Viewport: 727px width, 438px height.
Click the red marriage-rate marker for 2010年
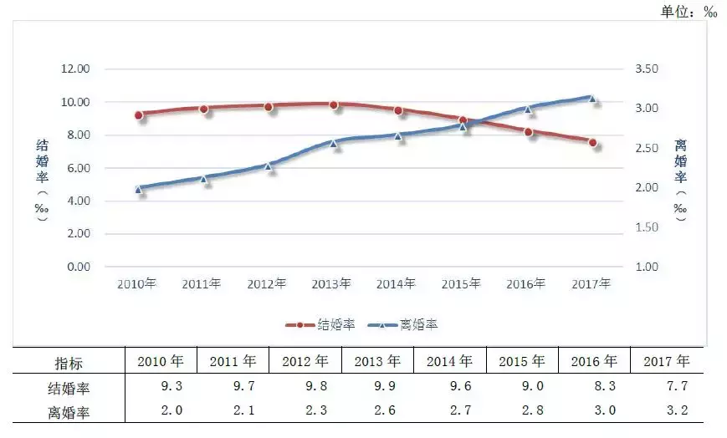pyautogui.click(x=139, y=115)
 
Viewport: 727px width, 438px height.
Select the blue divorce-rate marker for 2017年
pyautogui.click(x=592, y=98)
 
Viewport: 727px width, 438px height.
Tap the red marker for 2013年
pyautogui.click(x=333, y=104)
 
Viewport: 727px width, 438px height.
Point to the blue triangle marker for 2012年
pyautogui.click(x=269, y=166)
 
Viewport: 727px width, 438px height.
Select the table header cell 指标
pyautogui.click(x=69, y=363)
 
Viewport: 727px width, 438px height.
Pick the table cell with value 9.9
pyautogui.click(x=377, y=387)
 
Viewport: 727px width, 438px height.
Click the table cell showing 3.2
pyautogui.click(x=667, y=411)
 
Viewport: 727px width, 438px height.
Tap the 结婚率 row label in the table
pyautogui.click(x=69, y=387)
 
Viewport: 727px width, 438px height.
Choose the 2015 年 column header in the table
pyautogui.click(x=522, y=362)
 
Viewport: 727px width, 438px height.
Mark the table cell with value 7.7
pyautogui.click(x=667, y=387)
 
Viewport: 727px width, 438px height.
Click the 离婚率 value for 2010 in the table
pyautogui.click(x=161, y=411)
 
